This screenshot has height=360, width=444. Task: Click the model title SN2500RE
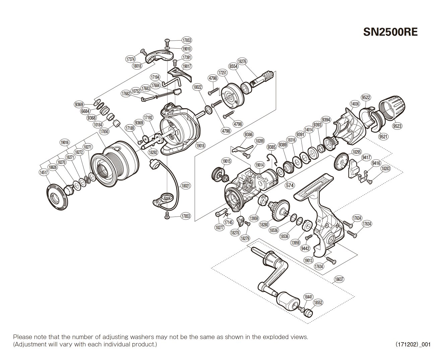pyautogui.click(x=390, y=32)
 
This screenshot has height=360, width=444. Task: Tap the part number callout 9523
pyautogui.click(x=397, y=126)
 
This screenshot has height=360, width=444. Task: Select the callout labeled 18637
pyautogui.click(x=339, y=279)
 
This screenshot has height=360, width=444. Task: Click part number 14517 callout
pyautogui.click(x=44, y=172)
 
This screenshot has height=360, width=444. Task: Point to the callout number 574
pyautogui.click(x=290, y=185)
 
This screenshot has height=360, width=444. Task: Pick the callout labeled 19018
pyautogui.click(x=200, y=145)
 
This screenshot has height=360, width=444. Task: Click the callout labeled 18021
pyautogui.click(x=186, y=186)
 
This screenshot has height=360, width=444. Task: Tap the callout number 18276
pyautogui.click(x=242, y=61)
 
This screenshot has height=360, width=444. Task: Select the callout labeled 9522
pyautogui.click(x=366, y=97)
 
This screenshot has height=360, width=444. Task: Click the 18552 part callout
pyautogui.click(x=318, y=303)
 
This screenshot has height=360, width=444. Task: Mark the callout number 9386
pyautogui.click(x=249, y=134)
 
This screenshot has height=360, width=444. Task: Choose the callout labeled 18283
pyautogui.click(x=386, y=169)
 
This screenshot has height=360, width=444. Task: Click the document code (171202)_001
pyautogui.click(x=413, y=344)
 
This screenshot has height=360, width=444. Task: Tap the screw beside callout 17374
pyautogui.click(x=143, y=52)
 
